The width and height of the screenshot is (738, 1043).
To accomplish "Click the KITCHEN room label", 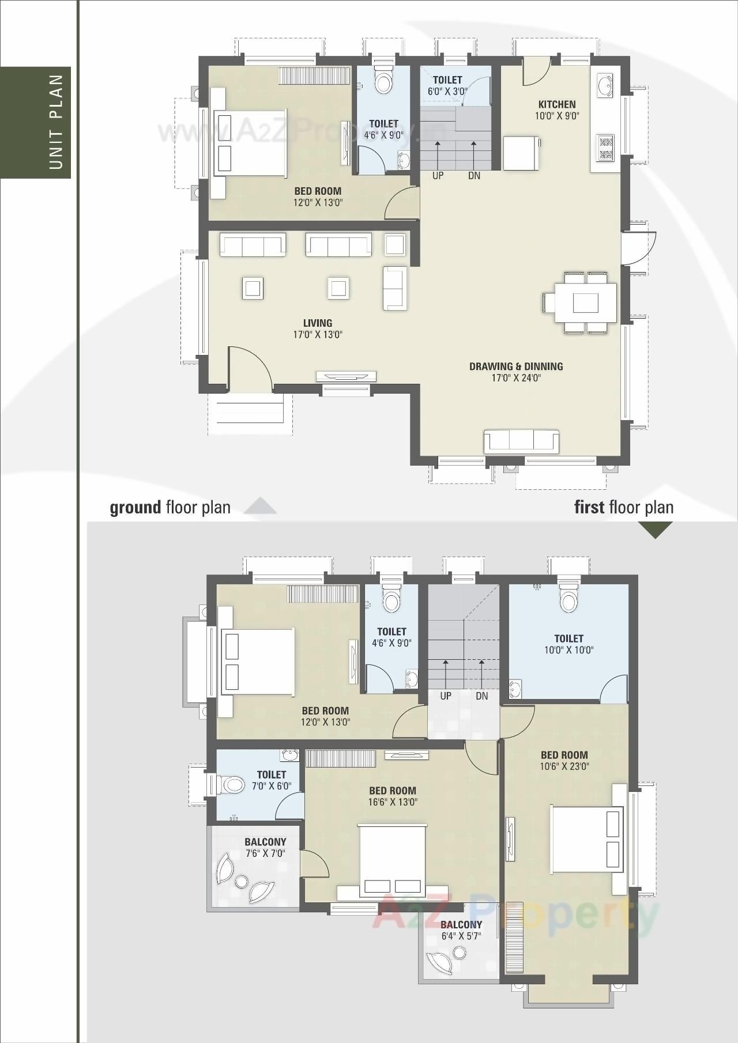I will [556, 104].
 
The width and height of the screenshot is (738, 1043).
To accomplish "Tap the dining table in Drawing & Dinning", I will [585, 303].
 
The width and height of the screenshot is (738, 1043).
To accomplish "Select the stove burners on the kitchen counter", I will [606, 147].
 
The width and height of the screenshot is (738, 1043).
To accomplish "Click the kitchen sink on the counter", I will [605, 85].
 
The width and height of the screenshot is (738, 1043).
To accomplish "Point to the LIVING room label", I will [318, 323].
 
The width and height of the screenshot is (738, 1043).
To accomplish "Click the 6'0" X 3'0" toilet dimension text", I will [447, 91].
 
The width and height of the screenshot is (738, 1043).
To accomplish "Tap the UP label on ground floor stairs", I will [438, 176].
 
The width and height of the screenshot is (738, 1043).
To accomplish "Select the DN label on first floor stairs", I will [482, 696].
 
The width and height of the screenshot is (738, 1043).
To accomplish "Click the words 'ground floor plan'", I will [170, 508].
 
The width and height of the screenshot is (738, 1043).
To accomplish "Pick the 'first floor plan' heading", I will [624, 508].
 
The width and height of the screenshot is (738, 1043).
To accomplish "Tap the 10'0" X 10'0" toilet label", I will [568, 650].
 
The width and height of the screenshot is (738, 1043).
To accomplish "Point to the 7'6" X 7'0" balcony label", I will [265, 853].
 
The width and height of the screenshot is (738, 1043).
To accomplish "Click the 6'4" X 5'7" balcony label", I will [461, 936].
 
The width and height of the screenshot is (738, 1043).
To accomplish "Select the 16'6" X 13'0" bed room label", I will [392, 802].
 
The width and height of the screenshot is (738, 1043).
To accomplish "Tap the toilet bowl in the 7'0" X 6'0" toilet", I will [233, 784].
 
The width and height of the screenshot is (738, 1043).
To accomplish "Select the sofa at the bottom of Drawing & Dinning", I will [521, 441].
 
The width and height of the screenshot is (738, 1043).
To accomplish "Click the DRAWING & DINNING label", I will [516, 366].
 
